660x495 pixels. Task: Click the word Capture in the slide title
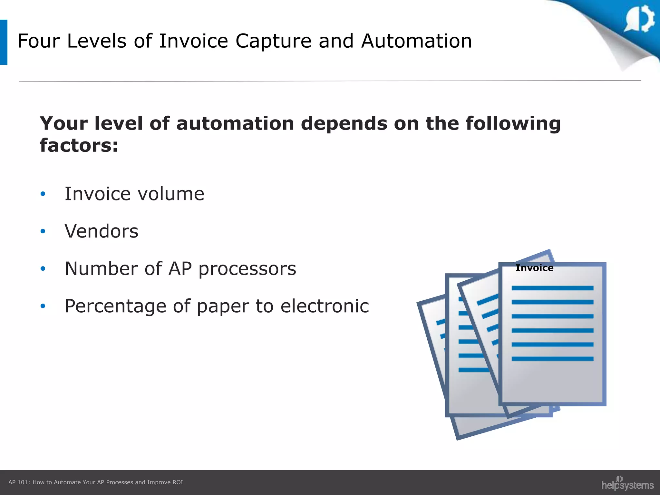point(273,41)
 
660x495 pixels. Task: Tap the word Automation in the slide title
point(416,41)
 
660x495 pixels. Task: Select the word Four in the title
point(39,41)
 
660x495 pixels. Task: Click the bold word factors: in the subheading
point(79,145)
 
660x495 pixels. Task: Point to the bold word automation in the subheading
point(235,123)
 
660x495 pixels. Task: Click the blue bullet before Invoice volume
point(43,194)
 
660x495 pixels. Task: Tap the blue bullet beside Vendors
point(43,231)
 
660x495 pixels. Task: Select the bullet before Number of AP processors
point(43,268)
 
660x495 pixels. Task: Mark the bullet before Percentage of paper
point(43,306)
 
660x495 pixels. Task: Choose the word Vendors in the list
point(102,231)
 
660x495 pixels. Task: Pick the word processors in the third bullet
point(247,269)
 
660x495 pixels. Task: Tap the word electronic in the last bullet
point(325,306)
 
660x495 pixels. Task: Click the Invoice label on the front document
point(534,268)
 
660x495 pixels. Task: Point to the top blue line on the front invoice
point(552,288)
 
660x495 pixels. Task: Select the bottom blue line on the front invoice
point(552,359)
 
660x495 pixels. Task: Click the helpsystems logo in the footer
point(627,484)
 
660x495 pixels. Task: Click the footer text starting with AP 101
point(96,482)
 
